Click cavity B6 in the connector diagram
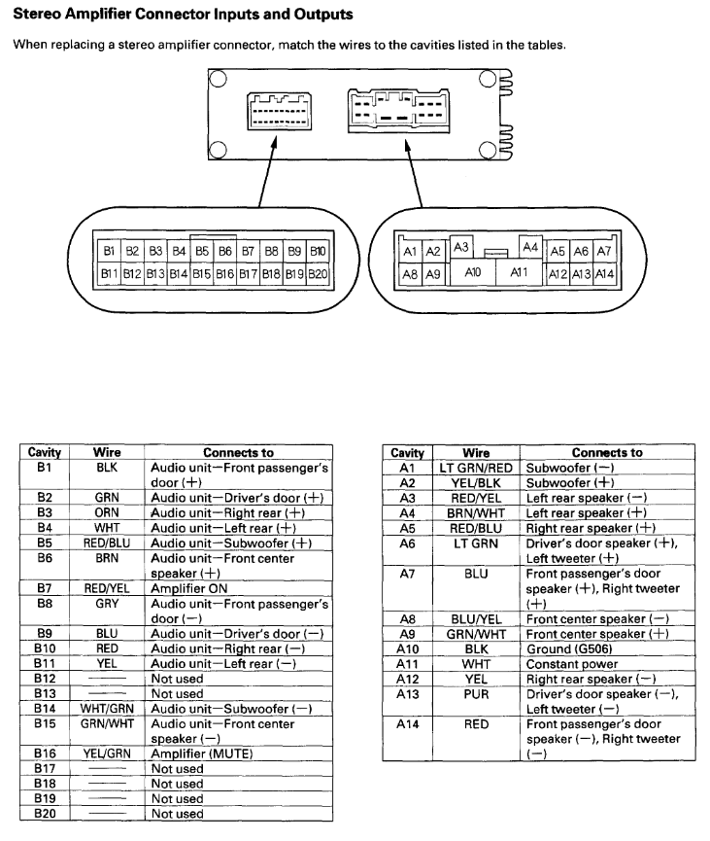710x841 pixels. (224, 251)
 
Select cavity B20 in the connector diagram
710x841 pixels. (319, 274)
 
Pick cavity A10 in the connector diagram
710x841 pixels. (473, 273)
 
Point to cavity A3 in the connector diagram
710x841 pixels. (461, 248)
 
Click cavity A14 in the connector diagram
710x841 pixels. (605, 275)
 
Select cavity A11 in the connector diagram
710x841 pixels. (519, 273)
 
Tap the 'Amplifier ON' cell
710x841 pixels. (238, 588)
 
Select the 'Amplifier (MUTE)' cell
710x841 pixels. (238, 753)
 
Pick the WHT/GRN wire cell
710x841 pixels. (107, 708)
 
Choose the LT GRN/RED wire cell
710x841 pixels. (476, 467)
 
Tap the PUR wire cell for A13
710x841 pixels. (476, 693)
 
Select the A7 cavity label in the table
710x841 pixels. (407, 574)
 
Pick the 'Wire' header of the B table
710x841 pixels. (107, 452)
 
